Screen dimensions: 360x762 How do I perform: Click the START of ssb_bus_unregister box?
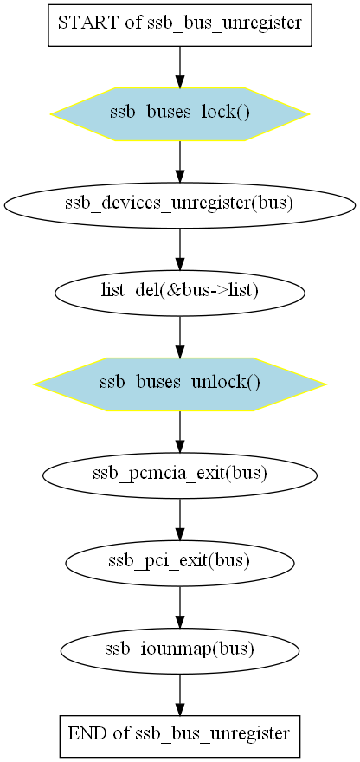[x=180, y=25]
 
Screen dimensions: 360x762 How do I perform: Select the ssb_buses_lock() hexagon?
[x=180, y=114]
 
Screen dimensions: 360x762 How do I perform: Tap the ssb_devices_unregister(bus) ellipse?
[x=180, y=204]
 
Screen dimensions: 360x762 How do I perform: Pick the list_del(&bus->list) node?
[x=180, y=293]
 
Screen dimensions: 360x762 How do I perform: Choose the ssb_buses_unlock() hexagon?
[x=180, y=384]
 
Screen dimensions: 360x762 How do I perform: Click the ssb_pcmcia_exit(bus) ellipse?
[x=180, y=475]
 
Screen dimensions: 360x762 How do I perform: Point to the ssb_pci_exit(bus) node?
[x=180, y=563]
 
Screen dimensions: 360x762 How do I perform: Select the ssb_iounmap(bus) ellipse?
[x=180, y=651]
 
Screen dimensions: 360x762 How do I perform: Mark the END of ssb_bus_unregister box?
[x=180, y=736]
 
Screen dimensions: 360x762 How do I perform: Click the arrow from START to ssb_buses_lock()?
[x=180, y=67]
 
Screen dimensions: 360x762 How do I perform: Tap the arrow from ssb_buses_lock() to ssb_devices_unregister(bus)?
[x=180, y=162]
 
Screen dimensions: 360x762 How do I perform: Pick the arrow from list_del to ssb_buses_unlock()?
[x=180, y=337]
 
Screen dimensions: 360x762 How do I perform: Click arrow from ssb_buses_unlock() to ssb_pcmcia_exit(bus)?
[x=180, y=432]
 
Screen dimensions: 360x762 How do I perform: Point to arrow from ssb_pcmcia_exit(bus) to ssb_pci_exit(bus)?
[x=180, y=520]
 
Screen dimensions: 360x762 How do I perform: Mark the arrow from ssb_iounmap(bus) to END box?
[x=180, y=695]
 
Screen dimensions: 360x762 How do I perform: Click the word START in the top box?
[x=88, y=23]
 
